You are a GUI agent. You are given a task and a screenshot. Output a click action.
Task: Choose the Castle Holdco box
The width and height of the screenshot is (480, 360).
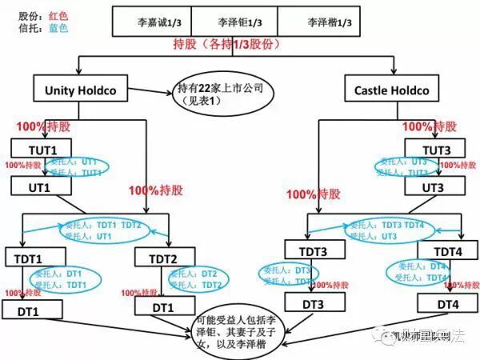392,90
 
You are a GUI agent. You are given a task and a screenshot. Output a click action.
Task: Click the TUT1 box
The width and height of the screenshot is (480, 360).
41,148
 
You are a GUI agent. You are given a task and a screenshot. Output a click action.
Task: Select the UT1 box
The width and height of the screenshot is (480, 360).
41,186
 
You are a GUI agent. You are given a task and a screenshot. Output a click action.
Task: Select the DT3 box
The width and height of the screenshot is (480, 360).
313,304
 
